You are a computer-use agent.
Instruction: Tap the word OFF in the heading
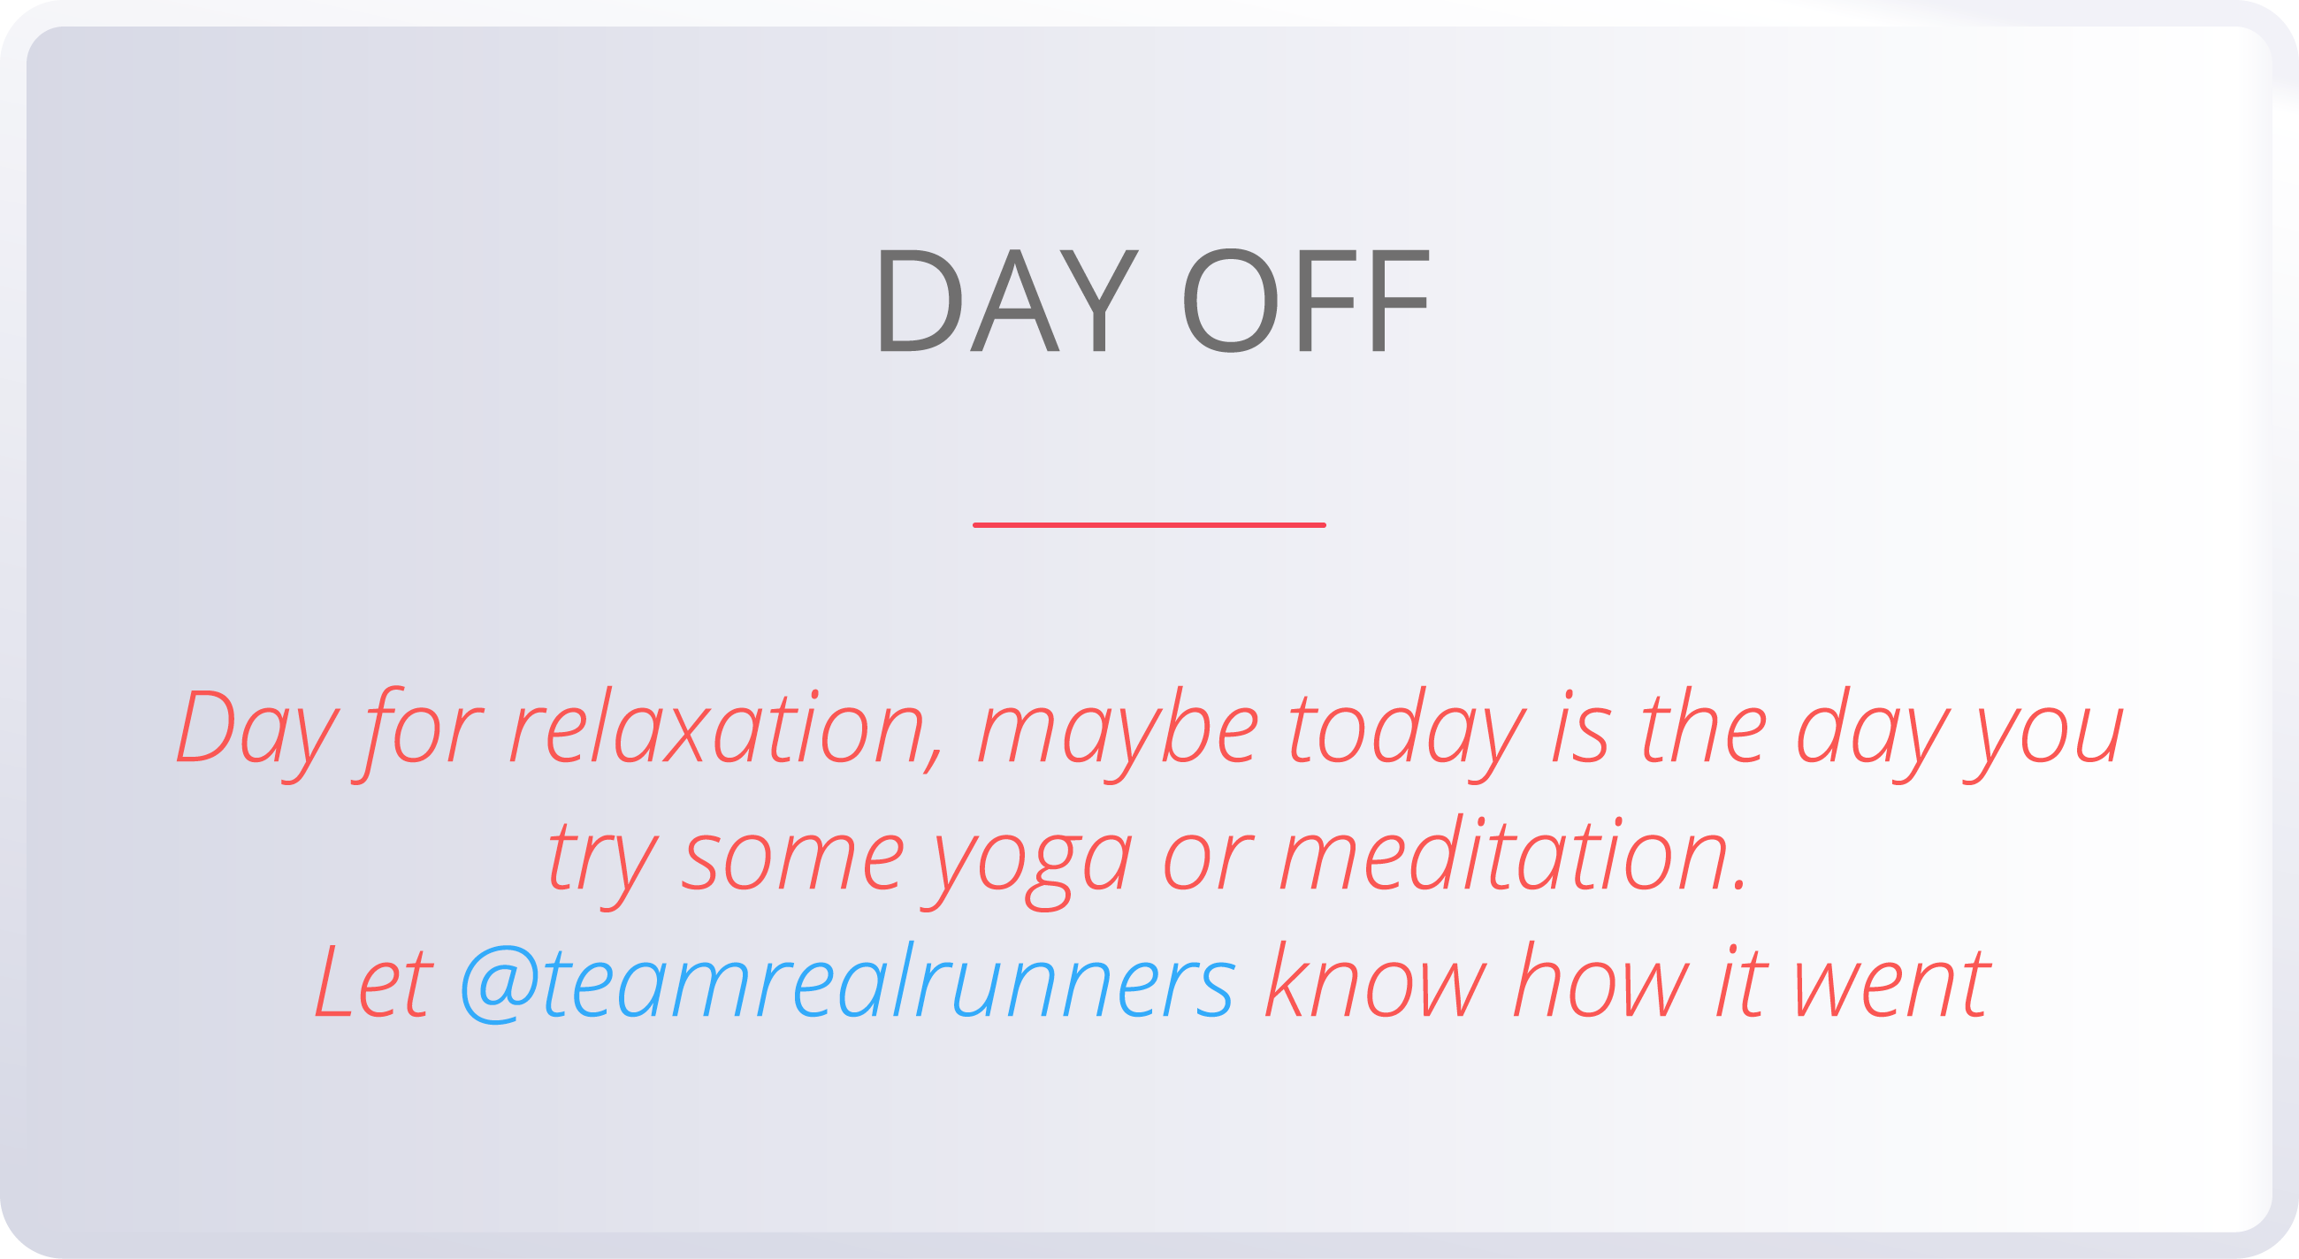1306,301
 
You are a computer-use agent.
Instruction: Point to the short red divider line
1149,525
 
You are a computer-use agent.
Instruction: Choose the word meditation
1513,857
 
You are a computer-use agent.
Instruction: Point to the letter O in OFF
1230,301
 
